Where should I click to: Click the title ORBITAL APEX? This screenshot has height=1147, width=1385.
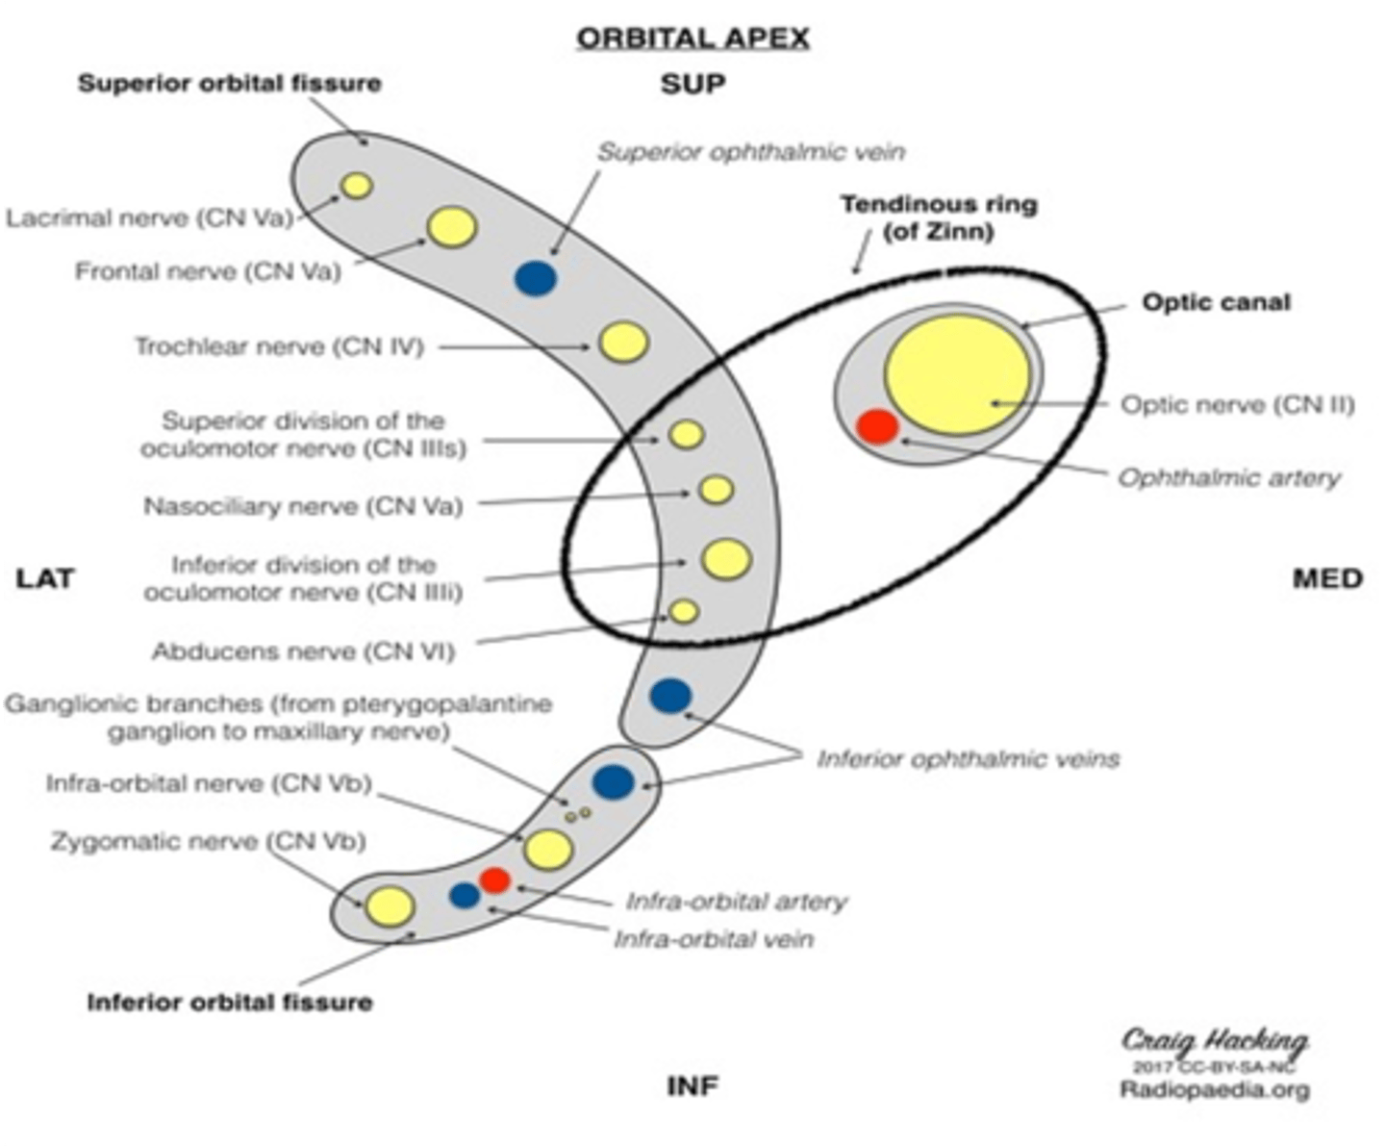click(692, 38)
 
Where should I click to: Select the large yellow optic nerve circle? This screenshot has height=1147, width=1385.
click(956, 375)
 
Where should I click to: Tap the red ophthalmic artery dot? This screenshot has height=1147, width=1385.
click(877, 426)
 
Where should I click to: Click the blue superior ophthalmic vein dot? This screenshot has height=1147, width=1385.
click(536, 278)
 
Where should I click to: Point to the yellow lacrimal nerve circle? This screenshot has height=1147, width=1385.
click(357, 186)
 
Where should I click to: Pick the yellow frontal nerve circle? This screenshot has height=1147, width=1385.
click(451, 227)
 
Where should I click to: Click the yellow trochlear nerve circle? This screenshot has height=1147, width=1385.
click(624, 342)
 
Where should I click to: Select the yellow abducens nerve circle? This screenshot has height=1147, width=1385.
click(684, 611)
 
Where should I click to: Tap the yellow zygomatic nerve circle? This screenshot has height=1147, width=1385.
click(390, 906)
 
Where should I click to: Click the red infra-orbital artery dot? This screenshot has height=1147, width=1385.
click(495, 879)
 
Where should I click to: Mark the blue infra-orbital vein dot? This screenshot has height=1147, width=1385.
click(465, 895)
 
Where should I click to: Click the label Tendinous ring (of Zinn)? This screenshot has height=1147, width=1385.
click(938, 217)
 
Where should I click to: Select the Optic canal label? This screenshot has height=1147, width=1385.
click(1216, 302)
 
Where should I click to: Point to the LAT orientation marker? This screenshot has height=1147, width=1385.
click(45, 578)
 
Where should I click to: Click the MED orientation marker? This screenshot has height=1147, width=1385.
click(1327, 578)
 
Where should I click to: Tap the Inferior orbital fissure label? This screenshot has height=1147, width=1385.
click(230, 1003)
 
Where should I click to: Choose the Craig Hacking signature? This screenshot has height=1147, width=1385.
click(1215, 1041)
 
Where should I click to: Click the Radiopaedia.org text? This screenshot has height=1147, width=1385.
click(1215, 1090)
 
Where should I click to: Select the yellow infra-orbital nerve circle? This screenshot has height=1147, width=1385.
click(548, 849)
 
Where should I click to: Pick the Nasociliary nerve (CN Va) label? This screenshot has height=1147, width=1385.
click(303, 506)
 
